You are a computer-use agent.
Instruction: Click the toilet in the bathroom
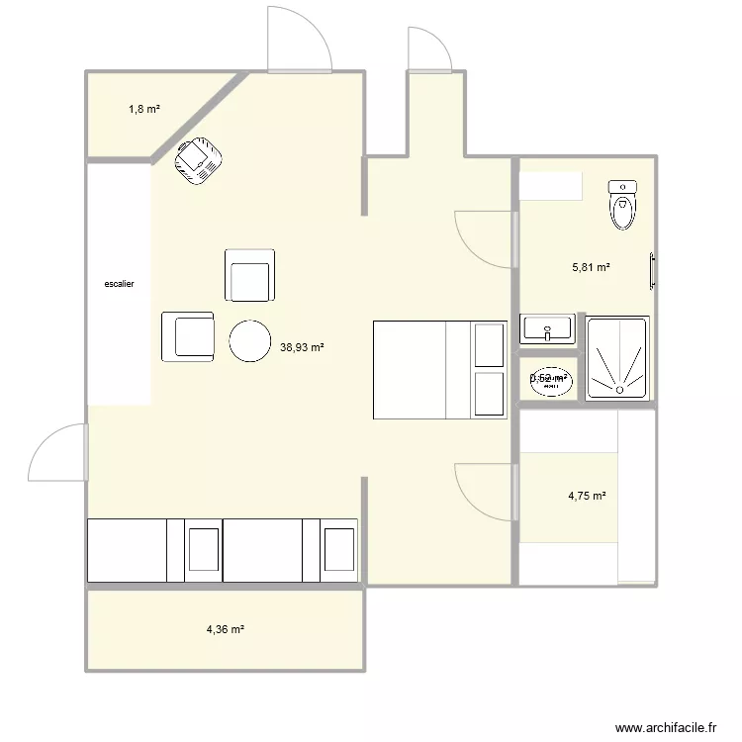622,205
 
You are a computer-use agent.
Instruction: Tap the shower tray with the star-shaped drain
617,358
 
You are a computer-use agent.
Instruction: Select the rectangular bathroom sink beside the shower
547,329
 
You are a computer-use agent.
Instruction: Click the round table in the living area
249,340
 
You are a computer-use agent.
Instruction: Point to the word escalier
119,284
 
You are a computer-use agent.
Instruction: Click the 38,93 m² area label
303,347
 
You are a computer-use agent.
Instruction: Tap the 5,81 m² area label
591,267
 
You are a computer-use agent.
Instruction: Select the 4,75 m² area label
587,497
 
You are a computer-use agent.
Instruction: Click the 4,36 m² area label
225,629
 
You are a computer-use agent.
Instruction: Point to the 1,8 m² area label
143,110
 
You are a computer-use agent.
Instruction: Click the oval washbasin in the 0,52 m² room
549,379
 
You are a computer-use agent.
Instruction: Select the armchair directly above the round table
251,275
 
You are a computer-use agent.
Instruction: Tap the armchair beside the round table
188,335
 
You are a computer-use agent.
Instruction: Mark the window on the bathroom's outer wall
652,270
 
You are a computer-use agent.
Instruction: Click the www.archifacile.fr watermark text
665,725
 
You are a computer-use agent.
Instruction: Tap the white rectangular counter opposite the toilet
551,187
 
